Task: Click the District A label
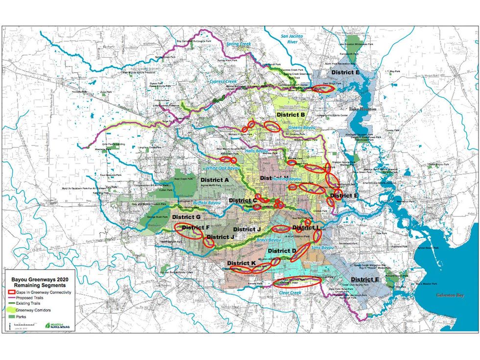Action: pyautogui.click(x=215, y=180)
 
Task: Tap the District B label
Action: pyautogui.click(x=291, y=115)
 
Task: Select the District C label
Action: pyautogui.click(x=243, y=200)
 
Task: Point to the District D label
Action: pyautogui.click(x=283, y=251)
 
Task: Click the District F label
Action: pyautogui.click(x=195, y=228)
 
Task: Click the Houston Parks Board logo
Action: pyautogui.click(x=57, y=325)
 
